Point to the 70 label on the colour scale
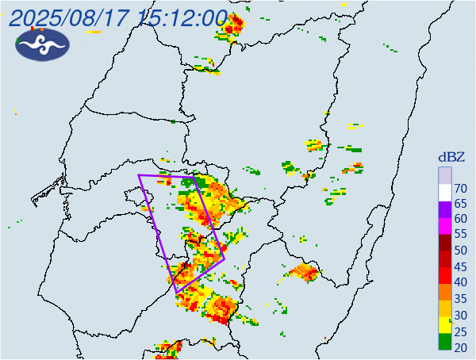[x=460, y=188]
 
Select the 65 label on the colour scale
[x=460, y=204]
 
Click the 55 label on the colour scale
[x=460, y=235]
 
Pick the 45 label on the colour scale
[x=460, y=266]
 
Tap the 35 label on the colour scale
[x=460, y=298]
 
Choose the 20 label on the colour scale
[x=460, y=346]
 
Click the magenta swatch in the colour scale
[x=445, y=226]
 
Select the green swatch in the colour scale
[x=445, y=343]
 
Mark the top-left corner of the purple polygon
[x=139, y=175]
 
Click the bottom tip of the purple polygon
[x=176, y=293]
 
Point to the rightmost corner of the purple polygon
[x=225, y=259]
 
